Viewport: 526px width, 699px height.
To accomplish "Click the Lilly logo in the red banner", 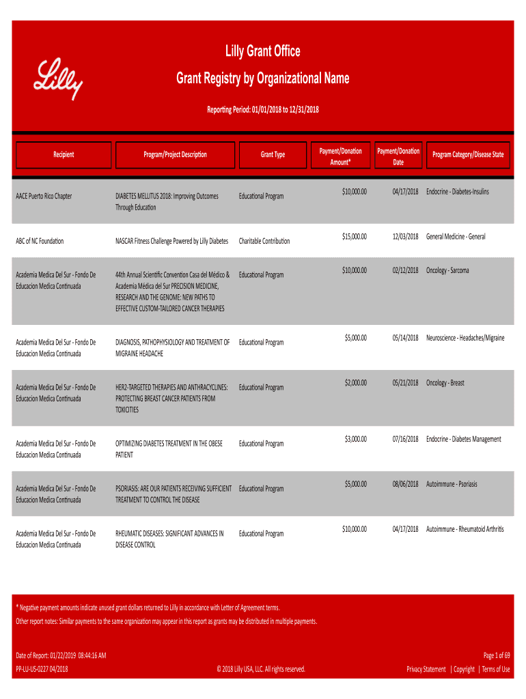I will [59, 79].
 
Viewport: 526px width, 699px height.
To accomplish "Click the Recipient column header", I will [64, 154].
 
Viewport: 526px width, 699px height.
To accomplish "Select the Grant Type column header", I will [273, 154].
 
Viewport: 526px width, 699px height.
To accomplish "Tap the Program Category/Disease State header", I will [468, 154].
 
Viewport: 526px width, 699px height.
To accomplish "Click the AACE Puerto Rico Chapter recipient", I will [44, 197].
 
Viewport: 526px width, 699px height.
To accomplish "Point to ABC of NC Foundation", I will [40, 241].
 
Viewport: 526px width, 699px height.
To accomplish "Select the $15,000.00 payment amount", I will [355, 236].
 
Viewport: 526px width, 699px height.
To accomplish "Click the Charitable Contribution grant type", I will [264, 241].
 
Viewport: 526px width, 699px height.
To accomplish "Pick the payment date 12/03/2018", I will [405, 236].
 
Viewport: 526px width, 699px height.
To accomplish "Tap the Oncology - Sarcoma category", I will [447, 270].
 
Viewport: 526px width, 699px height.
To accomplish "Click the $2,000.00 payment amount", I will [356, 383].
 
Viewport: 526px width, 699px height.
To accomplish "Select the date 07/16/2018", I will [405, 439].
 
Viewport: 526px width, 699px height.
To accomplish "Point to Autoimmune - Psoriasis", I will [452, 484].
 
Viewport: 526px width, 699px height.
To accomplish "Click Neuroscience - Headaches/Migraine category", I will [465, 338].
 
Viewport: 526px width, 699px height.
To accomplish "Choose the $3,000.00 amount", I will [356, 439].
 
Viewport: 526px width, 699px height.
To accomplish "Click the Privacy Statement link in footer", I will [426, 669].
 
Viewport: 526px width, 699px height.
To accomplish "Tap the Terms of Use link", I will [495, 669].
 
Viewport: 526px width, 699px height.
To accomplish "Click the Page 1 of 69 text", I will [497, 655].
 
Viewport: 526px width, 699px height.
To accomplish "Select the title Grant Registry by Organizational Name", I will [263, 79].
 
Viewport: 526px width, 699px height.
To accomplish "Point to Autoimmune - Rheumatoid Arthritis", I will [465, 529].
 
